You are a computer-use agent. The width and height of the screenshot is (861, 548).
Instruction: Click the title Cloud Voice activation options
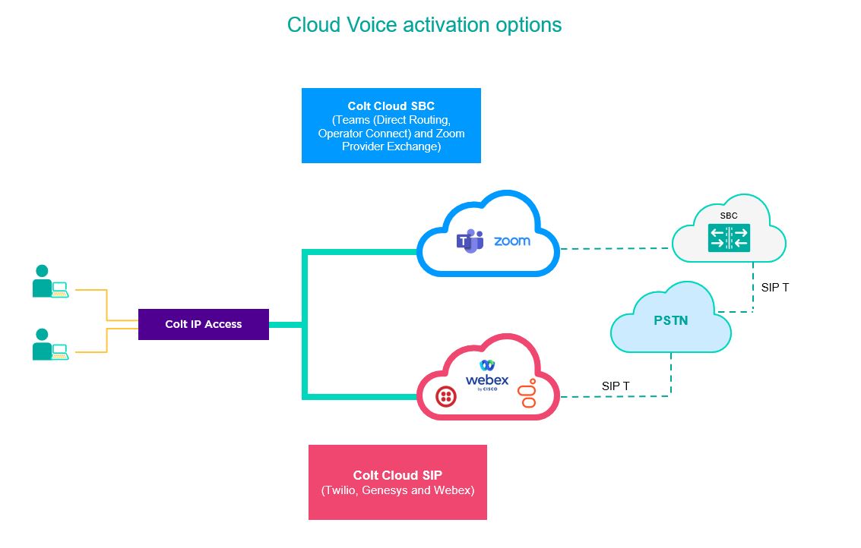pyautogui.click(x=424, y=25)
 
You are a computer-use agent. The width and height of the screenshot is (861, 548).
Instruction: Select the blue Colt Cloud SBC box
pyautogui.click(x=391, y=125)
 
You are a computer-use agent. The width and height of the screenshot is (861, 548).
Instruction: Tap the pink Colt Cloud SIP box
pyautogui.click(x=397, y=482)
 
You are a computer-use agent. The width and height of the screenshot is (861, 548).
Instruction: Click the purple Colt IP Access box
pyautogui.click(x=203, y=324)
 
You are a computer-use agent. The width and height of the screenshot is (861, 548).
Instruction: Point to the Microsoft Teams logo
pyautogui.click(x=470, y=241)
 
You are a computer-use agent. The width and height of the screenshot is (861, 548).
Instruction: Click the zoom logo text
pyautogui.click(x=512, y=241)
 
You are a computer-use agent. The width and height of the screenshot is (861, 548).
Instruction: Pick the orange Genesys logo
pyautogui.click(x=527, y=392)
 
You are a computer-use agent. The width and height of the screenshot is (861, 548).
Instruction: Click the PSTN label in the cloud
pyautogui.click(x=670, y=320)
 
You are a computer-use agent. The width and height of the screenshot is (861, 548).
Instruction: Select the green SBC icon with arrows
pyautogui.click(x=729, y=238)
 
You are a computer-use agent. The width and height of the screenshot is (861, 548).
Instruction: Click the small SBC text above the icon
pyautogui.click(x=729, y=216)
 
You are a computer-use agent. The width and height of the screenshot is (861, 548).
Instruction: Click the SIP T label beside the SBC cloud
pyautogui.click(x=774, y=288)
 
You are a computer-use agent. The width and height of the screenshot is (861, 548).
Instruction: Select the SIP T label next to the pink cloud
pyautogui.click(x=616, y=386)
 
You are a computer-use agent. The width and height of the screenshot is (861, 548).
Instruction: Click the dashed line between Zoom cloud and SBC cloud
pyautogui.click(x=616, y=248)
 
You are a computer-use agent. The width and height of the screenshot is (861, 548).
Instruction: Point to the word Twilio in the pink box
pyautogui.click(x=339, y=490)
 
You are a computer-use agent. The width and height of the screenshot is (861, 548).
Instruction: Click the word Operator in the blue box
pyautogui.click(x=340, y=134)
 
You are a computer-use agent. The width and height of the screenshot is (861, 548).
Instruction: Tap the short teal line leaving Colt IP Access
pyautogui.click(x=286, y=325)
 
